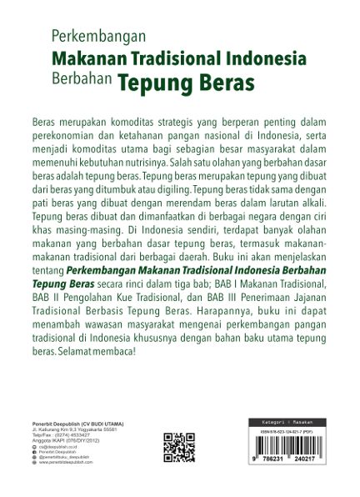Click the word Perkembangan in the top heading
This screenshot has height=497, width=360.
pyautogui.click(x=98, y=37)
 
